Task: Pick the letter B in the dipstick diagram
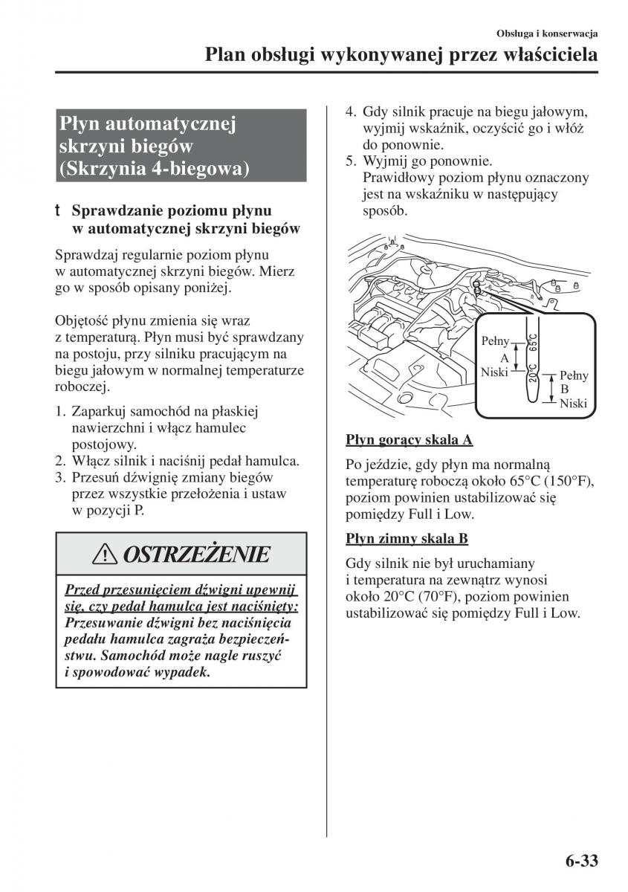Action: (x=564, y=389)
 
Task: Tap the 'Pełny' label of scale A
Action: (x=496, y=341)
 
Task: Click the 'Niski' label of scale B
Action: (x=573, y=403)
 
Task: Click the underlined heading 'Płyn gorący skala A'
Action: (x=409, y=440)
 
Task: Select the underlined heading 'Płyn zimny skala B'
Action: (x=407, y=539)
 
